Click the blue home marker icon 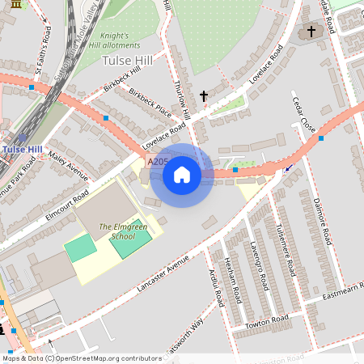click(182, 175)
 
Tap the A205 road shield click(157, 163)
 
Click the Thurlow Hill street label click(181, 100)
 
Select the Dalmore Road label click(322, 221)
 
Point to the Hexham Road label click(232, 277)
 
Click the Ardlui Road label click(214, 288)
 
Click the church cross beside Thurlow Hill click(203, 96)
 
